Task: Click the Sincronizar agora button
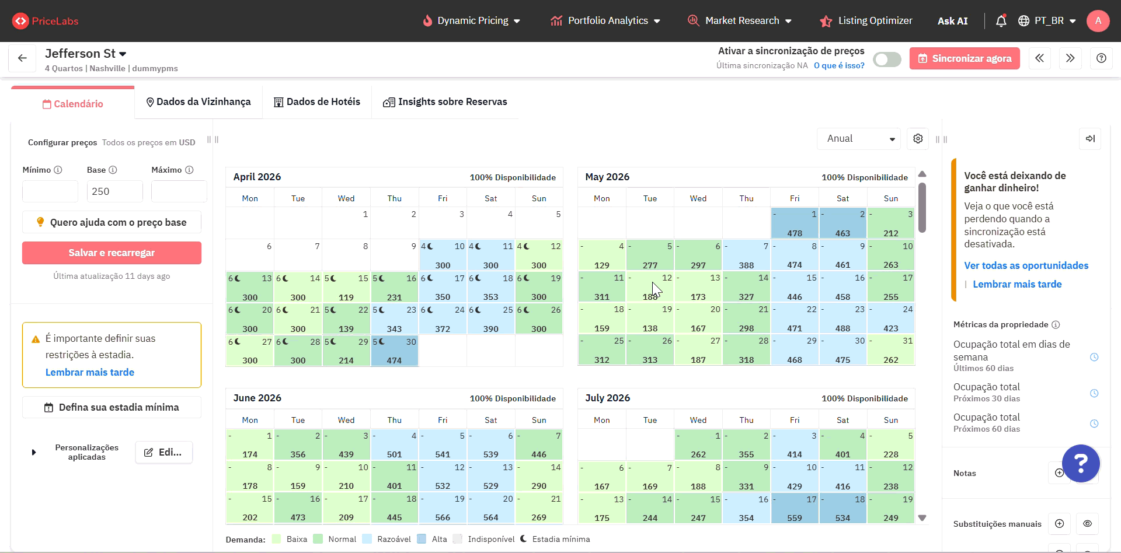[x=964, y=58]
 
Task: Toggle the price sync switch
[x=886, y=60]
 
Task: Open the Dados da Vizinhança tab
[x=199, y=102]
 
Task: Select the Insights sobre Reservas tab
[x=445, y=102]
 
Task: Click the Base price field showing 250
[x=114, y=191]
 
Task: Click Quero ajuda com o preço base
[x=112, y=222]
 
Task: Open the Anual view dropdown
[x=858, y=139]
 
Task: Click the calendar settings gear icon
[x=918, y=139]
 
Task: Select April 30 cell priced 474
[x=395, y=351]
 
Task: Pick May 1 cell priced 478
[x=795, y=223]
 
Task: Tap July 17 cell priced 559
[x=795, y=509]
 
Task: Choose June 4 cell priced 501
[x=395, y=445]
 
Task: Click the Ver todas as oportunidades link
[x=1026, y=265]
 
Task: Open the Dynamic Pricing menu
[x=472, y=21]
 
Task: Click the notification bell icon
[x=1001, y=21]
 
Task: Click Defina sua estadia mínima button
[x=112, y=407]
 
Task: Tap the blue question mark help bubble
[x=1081, y=463]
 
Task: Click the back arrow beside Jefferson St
[x=22, y=58]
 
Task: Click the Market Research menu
[x=740, y=21]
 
